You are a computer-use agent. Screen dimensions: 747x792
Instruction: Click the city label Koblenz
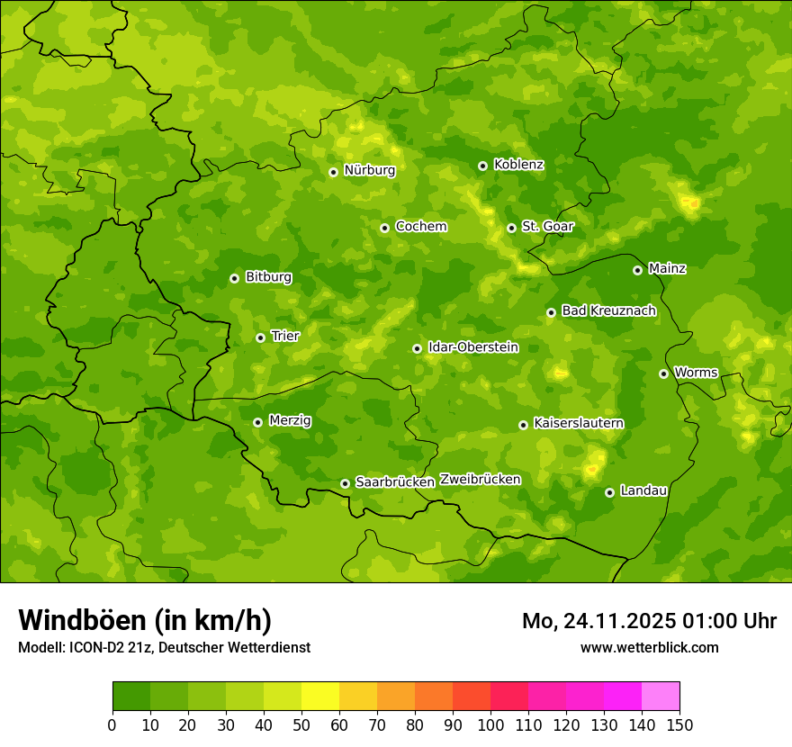pos(518,165)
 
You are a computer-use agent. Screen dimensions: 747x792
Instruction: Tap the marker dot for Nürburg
pos(333,172)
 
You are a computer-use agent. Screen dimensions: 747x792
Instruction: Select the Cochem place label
pos(420,227)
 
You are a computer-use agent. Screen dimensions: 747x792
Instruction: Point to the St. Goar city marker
pos(511,228)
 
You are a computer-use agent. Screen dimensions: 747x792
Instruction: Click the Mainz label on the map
pos(667,269)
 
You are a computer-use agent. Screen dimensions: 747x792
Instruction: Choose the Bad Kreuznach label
pos(608,311)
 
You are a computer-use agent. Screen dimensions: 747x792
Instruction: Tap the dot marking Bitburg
pos(234,278)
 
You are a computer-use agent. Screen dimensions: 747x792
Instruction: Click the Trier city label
pos(284,337)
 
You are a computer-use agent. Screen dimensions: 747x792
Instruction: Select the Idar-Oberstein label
pos(472,347)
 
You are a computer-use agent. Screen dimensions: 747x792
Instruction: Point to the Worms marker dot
pos(663,373)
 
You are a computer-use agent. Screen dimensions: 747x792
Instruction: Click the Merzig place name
pos(290,421)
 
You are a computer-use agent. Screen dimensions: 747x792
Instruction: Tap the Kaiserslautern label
pos(578,423)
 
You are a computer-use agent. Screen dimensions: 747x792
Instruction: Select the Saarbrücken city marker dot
pos(345,483)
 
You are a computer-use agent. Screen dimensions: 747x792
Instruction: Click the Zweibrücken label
pos(480,480)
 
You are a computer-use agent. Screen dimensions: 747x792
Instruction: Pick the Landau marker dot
pos(609,492)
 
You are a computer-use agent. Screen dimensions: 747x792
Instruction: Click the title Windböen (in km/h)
pos(145,620)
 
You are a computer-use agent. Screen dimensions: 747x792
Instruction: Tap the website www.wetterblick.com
pos(649,647)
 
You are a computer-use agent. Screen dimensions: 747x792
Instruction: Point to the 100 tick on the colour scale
pos(490,724)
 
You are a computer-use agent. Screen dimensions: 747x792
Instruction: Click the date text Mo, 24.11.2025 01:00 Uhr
pos(649,621)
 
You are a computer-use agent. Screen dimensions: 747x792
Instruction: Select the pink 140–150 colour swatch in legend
pos(661,696)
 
